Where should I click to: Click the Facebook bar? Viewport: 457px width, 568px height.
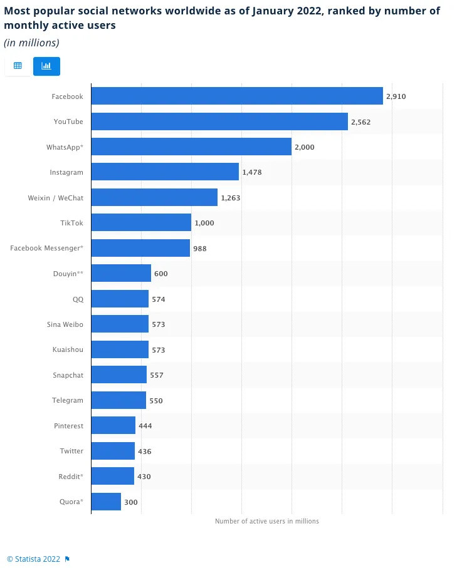pyautogui.click(x=237, y=96)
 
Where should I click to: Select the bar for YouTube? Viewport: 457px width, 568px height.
pyautogui.click(x=219, y=121)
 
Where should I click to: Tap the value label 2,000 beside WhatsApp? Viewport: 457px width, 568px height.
pyautogui.click(x=304, y=147)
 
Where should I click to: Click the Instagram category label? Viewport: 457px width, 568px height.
pyautogui.click(x=66, y=172)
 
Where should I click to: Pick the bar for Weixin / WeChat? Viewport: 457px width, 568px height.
pyautogui.click(x=154, y=197)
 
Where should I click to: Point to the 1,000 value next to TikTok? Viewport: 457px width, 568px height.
pyautogui.click(x=204, y=223)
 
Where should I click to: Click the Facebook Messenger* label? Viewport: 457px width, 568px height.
pyautogui.click(x=46, y=248)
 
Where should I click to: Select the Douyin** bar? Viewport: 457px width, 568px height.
pyautogui.click(x=121, y=273)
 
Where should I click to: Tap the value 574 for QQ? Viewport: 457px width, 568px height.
pyautogui.click(x=159, y=299)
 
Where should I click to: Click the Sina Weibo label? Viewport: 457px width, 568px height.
pyautogui.click(x=65, y=324)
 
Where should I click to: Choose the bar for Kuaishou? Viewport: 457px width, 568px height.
pyautogui.click(x=120, y=349)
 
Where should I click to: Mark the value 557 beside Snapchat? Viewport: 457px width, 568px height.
pyautogui.click(x=157, y=375)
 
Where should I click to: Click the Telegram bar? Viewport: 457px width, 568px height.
pyautogui.click(x=118, y=400)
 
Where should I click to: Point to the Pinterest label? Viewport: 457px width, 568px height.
pyautogui.click(x=68, y=426)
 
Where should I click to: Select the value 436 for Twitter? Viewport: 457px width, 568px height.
pyautogui.click(x=145, y=452)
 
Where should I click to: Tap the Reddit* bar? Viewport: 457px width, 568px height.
pyautogui.click(x=113, y=476)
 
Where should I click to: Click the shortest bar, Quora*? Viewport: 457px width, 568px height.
pyautogui.click(x=106, y=502)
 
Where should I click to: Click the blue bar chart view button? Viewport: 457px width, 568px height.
pyautogui.click(x=46, y=66)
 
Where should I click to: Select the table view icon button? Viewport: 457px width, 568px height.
pyautogui.click(x=18, y=66)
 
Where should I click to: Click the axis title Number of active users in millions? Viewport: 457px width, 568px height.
pyautogui.click(x=266, y=521)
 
